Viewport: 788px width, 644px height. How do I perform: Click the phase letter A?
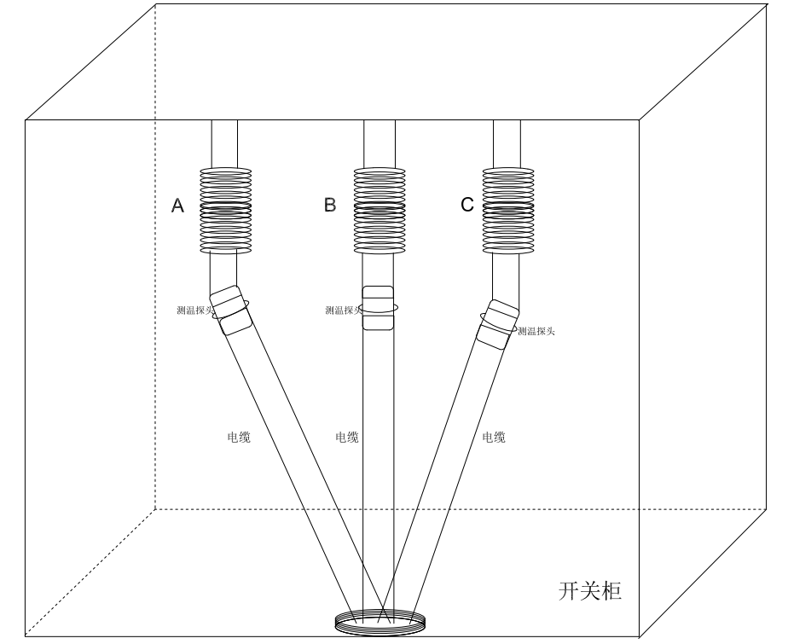coord(178,206)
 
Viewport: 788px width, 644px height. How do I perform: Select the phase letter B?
coord(330,206)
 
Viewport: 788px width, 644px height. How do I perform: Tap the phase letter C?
coord(466,206)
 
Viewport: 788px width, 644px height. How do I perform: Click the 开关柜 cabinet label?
coord(590,590)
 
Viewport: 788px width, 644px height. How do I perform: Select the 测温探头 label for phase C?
coord(536,330)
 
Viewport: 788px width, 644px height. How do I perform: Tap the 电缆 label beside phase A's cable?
coord(239,438)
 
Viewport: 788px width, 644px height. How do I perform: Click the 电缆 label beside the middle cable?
coord(347,438)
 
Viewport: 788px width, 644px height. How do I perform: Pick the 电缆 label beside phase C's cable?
coord(494,438)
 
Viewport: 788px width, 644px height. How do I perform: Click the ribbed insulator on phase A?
coord(225,211)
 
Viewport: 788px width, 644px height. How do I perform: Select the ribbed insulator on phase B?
coord(380,211)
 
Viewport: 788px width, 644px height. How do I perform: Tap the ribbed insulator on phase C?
coord(508,211)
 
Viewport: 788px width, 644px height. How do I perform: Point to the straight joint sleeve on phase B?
coord(380,308)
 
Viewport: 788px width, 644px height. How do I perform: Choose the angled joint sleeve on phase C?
coord(499,321)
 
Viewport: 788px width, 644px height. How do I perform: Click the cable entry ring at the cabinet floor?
coord(379,623)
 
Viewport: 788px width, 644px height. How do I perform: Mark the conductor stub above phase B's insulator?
coord(380,143)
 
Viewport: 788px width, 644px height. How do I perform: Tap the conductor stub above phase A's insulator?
coord(224,143)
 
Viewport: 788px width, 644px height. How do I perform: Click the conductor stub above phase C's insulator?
coord(507,143)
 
